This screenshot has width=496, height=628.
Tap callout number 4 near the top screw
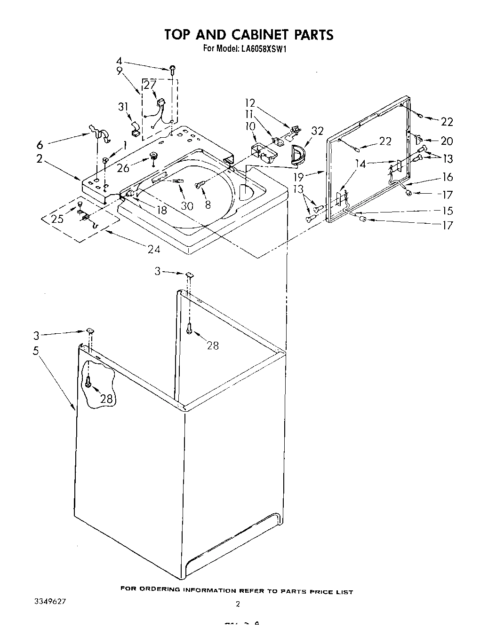click(x=119, y=61)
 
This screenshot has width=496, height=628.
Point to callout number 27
click(x=150, y=85)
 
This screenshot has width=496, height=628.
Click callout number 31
click(x=123, y=107)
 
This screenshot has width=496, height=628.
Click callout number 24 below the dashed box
click(x=153, y=250)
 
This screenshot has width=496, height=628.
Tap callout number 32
click(x=318, y=131)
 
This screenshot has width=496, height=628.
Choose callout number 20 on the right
click(x=447, y=141)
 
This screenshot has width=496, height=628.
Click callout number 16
click(x=448, y=177)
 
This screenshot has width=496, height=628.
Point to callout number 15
click(x=447, y=211)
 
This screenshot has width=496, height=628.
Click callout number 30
click(x=187, y=205)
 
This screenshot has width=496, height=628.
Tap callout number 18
click(x=162, y=210)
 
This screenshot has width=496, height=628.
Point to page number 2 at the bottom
click(x=238, y=604)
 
